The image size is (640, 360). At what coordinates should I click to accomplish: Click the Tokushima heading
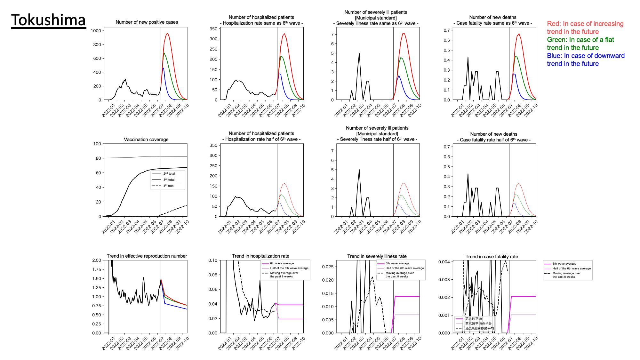[x=48, y=20]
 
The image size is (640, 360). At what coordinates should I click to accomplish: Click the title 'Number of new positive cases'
[x=147, y=22]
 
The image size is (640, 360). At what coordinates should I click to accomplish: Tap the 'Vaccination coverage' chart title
[x=146, y=140]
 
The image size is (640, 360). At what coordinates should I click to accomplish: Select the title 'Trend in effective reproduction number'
[x=147, y=256]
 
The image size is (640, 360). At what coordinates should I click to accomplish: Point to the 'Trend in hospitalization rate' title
[x=260, y=256]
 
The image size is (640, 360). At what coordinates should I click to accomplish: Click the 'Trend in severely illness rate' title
[x=377, y=256]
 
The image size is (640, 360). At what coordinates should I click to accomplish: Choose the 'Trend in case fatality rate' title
[x=492, y=257]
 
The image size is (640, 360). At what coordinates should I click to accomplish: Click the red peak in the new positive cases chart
[x=167, y=34]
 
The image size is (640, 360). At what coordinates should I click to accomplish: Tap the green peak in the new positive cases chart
[x=164, y=53]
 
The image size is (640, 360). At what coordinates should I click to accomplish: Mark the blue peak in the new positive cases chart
[x=163, y=68]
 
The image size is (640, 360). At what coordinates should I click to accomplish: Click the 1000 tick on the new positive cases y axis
[x=96, y=31]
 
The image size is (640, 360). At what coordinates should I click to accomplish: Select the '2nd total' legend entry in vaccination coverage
[x=169, y=173]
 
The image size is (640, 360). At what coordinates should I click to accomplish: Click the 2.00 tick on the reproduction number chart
[x=97, y=260]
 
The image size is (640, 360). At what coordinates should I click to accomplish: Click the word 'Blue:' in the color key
[x=555, y=56]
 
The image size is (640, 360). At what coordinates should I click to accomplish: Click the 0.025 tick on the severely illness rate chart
[x=328, y=267]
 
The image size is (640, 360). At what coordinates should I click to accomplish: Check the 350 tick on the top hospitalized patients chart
[x=213, y=29]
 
